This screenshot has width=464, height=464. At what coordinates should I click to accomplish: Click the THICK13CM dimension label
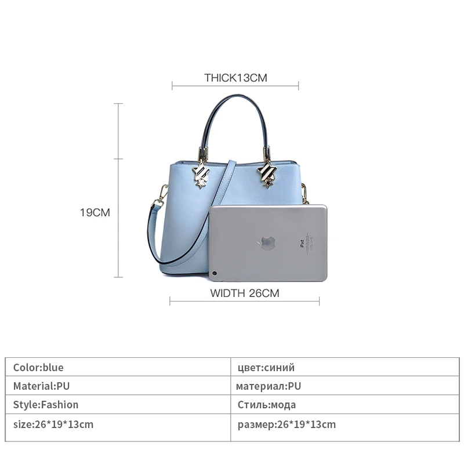(235, 78)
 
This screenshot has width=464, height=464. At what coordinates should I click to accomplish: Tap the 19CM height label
(95, 213)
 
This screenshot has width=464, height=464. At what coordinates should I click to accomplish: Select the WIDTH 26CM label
(244, 293)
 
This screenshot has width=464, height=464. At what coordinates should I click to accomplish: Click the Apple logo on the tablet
(267, 244)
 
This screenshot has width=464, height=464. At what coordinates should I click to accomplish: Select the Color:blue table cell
(38, 368)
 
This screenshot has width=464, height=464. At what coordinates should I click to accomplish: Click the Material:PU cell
(42, 386)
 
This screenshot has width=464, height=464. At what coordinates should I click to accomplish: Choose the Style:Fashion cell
(46, 405)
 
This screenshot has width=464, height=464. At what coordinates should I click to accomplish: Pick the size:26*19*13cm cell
(53, 424)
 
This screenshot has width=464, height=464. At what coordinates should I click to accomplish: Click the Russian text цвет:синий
(266, 368)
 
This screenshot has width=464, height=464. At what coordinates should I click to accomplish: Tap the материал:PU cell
(269, 386)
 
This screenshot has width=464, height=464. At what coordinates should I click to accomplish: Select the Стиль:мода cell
(267, 405)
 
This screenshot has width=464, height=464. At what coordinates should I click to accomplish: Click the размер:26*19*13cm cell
(287, 424)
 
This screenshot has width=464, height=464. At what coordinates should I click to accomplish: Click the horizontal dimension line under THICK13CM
(235, 88)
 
